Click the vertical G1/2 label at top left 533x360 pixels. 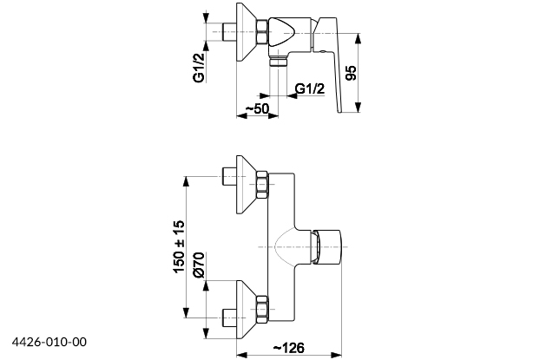(x=198, y=66)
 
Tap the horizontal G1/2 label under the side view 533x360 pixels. (x=310, y=88)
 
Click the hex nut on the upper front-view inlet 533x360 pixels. (x=263, y=183)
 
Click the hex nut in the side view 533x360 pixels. (x=263, y=33)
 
